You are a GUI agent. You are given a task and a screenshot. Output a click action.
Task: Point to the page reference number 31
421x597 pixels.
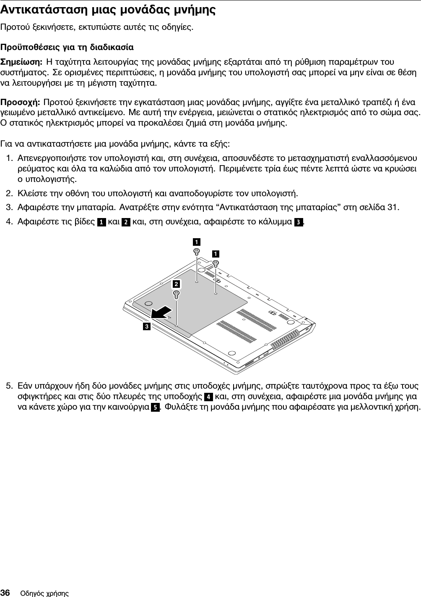pos(394,207)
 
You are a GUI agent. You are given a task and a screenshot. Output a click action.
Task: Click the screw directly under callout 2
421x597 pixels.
pos(177,294)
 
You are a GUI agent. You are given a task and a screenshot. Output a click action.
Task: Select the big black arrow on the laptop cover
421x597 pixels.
pos(161,313)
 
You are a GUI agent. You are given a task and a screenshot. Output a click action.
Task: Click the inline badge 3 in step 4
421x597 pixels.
pos(297,221)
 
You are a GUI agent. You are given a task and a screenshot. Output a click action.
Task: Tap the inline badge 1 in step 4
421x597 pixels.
pos(101,221)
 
